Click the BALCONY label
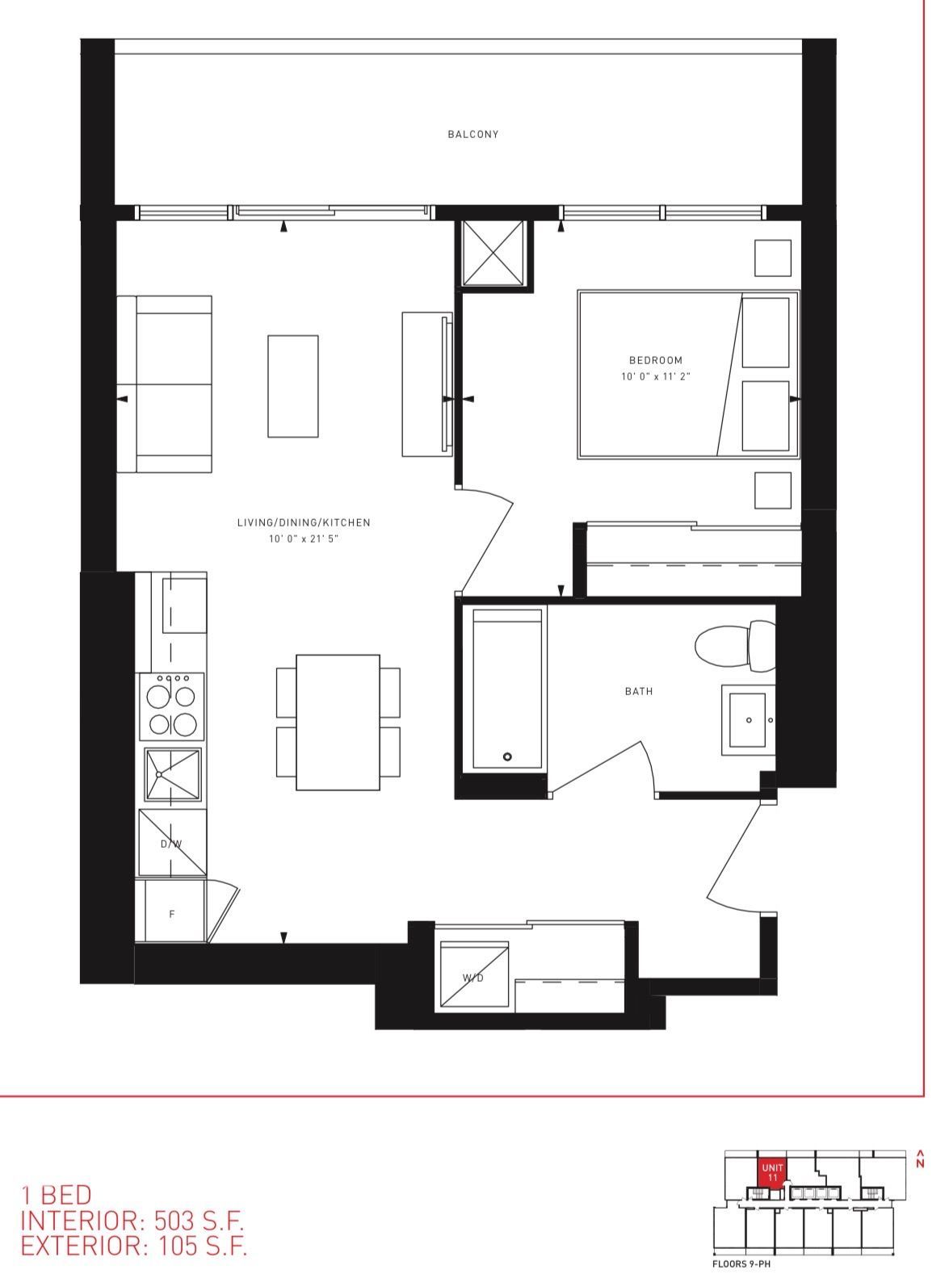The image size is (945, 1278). tap(472, 134)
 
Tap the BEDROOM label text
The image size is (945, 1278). tap(656, 360)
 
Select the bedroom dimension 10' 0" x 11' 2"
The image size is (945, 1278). tap(656, 377)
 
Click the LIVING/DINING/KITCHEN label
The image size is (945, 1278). tap(303, 522)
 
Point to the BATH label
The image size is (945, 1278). tap(639, 691)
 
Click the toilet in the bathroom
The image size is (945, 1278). tap(734, 645)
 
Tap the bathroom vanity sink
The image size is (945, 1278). tap(748, 720)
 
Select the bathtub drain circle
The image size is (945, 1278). tap(507, 756)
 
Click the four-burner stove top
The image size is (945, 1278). tap(172, 706)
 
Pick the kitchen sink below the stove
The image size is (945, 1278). tap(172, 775)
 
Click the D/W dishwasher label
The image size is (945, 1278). tap(171, 844)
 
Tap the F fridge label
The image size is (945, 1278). tap(171, 914)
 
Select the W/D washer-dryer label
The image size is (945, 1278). tap(472, 978)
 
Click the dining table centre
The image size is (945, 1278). tap(338, 723)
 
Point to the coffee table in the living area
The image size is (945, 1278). tap(293, 387)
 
